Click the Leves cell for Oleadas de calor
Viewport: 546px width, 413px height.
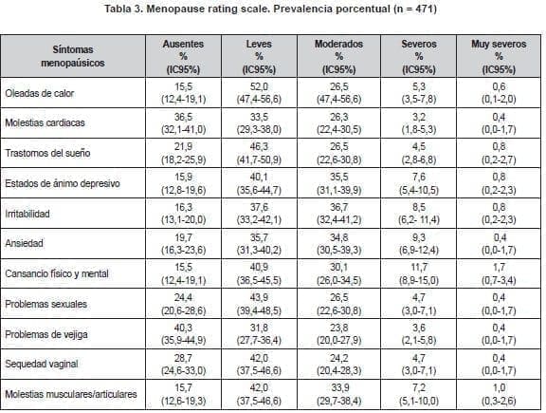point(259,92)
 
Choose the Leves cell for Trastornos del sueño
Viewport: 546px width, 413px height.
point(259,153)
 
